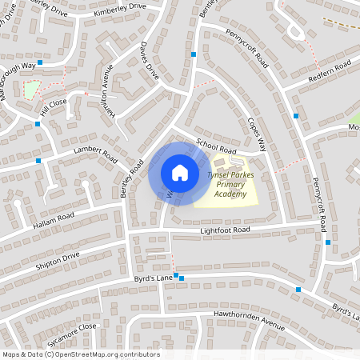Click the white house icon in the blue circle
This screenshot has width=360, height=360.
180,173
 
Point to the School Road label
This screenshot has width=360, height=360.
217,150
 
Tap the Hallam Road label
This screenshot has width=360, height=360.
54,217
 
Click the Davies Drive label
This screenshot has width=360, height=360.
150,61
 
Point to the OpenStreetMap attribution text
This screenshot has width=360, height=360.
81,354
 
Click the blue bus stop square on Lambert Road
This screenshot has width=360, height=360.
39,161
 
